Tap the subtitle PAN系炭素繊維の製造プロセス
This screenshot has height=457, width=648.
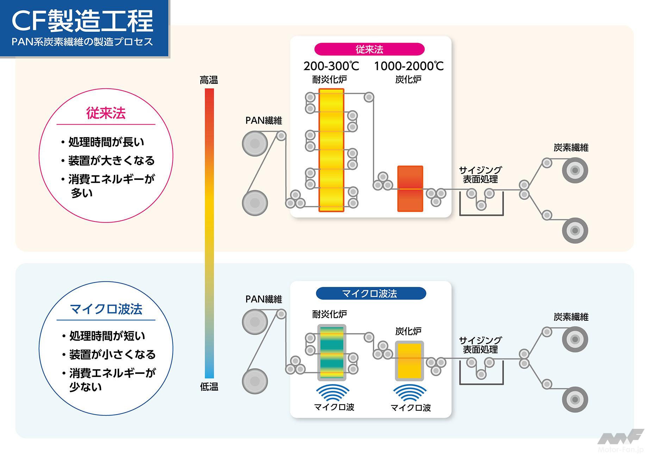(82, 42)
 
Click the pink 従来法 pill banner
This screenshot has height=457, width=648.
(369, 49)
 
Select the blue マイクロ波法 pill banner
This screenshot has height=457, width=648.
(370, 293)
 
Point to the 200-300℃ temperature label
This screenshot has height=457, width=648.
(331, 66)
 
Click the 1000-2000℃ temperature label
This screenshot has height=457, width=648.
(409, 66)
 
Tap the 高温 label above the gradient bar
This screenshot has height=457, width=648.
(209, 80)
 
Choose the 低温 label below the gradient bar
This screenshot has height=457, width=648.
(209, 387)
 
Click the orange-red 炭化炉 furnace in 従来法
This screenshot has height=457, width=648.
(410, 189)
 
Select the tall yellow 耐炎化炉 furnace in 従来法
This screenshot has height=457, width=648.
(331, 150)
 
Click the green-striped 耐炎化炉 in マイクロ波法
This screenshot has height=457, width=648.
(331, 352)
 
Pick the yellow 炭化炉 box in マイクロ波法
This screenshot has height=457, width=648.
(409, 361)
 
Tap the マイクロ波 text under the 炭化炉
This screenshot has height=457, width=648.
(411, 408)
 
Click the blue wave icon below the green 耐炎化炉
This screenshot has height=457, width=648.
(333, 393)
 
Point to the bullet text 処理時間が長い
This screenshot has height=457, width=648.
(106, 142)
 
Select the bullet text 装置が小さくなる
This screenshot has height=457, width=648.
(112, 354)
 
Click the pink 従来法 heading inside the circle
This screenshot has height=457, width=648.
(106, 113)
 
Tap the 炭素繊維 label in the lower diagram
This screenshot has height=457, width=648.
(571, 317)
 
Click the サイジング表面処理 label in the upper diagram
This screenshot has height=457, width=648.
(480, 175)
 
